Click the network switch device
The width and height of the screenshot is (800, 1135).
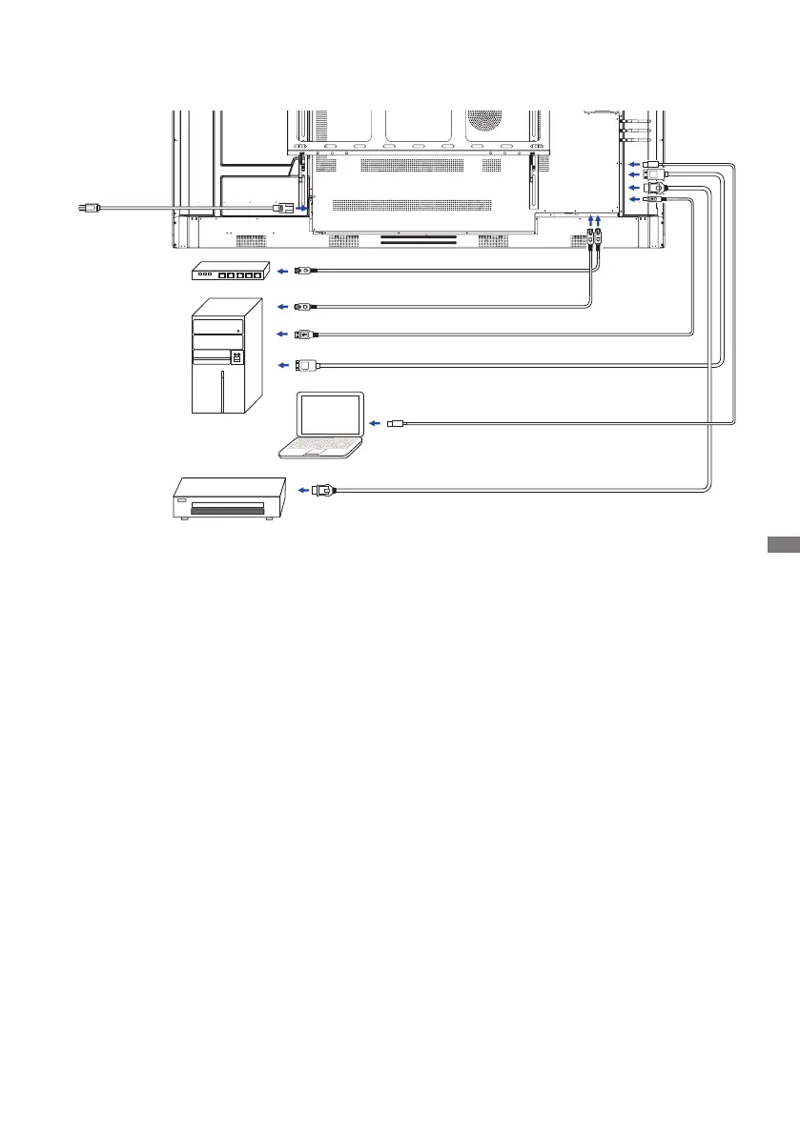[230, 273]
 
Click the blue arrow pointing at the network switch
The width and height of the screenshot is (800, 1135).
[282, 272]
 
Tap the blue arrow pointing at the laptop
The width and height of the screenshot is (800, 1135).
[376, 422]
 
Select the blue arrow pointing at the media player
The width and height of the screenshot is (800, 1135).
[303, 490]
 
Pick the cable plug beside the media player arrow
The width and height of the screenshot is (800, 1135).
[326, 490]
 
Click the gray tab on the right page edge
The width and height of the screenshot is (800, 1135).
[782, 544]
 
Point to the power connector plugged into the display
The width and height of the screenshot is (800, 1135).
[282, 207]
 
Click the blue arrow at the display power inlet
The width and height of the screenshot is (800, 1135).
[301, 207]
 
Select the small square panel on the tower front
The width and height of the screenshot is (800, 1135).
[236, 357]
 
